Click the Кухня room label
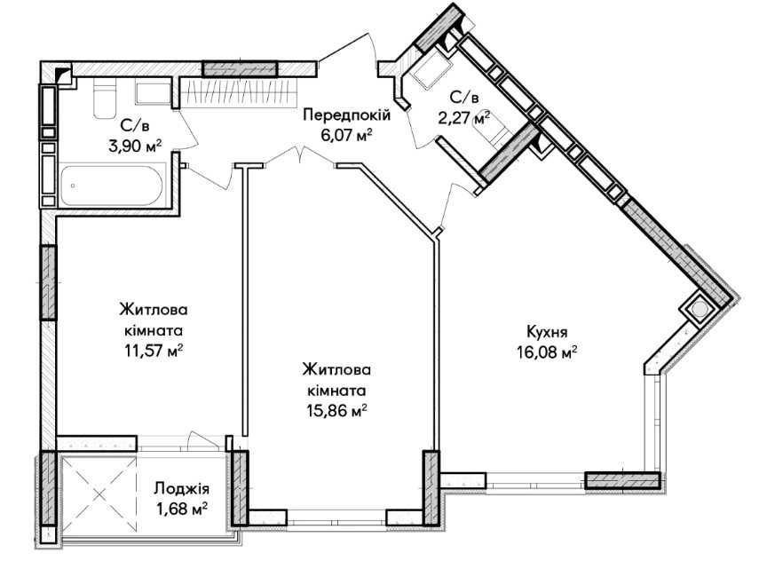coord(547,331)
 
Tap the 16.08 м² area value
coord(548,351)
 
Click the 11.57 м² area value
coord(154,349)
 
